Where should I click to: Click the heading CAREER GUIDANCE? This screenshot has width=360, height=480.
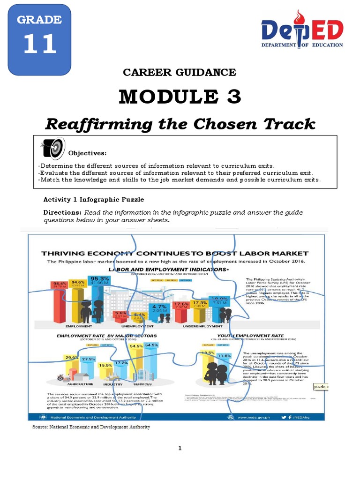tap(180, 72)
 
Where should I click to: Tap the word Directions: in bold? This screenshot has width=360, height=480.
tap(62, 212)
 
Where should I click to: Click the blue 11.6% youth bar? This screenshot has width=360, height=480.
tap(225, 368)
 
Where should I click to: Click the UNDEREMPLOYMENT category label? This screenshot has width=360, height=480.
tap(202, 325)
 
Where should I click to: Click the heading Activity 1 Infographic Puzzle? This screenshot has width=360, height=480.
tap(94, 200)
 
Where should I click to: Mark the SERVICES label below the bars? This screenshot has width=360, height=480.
tap(143, 384)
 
